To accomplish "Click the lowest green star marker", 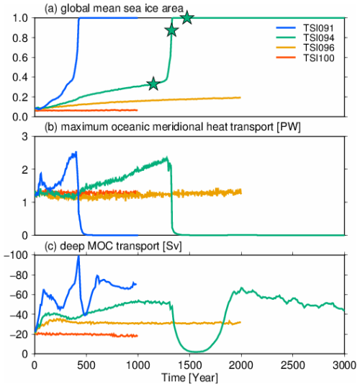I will [153, 84].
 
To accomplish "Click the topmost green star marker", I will [187, 17].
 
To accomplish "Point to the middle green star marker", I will [171, 30].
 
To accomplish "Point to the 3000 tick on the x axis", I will [344, 365].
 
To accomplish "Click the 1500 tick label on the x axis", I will [189, 365].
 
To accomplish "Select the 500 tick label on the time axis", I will [86, 365].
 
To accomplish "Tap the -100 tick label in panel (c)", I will [18, 256].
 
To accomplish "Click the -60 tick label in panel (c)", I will [20, 295].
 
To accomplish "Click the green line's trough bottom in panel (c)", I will [198, 352].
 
